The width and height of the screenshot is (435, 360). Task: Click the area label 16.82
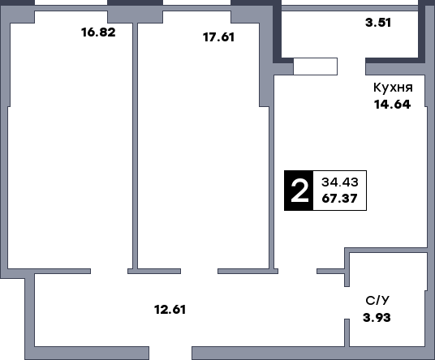click(98, 32)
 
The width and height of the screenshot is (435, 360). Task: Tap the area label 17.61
click(218, 36)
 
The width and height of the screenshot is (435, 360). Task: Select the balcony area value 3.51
click(378, 23)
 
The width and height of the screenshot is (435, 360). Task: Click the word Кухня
click(393, 88)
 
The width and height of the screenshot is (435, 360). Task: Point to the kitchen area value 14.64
click(392, 105)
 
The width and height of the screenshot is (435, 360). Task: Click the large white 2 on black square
click(299, 191)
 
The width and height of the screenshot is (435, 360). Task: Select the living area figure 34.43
click(340, 182)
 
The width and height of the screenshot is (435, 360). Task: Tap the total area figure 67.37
click(339, 199)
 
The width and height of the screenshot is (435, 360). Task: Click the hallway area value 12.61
click(170, 309)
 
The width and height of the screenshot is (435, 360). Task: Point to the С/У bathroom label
click(377, 301)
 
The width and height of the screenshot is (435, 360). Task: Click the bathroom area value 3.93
click(377, 317)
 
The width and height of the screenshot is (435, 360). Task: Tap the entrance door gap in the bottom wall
click(170, 353)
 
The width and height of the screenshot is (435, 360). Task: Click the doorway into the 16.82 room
click(109, 271)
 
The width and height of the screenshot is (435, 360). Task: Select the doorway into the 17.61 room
click(199, 271)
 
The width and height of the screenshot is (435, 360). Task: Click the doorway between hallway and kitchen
click(297, 271)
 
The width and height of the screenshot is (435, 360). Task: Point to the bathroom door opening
click(347, 302)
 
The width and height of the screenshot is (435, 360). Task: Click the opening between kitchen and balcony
click(351, 66)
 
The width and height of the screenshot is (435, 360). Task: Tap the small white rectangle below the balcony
click(316, 66)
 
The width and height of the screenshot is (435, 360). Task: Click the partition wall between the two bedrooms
click(135, 146)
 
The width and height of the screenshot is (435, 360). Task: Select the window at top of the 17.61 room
click(196, 2)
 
